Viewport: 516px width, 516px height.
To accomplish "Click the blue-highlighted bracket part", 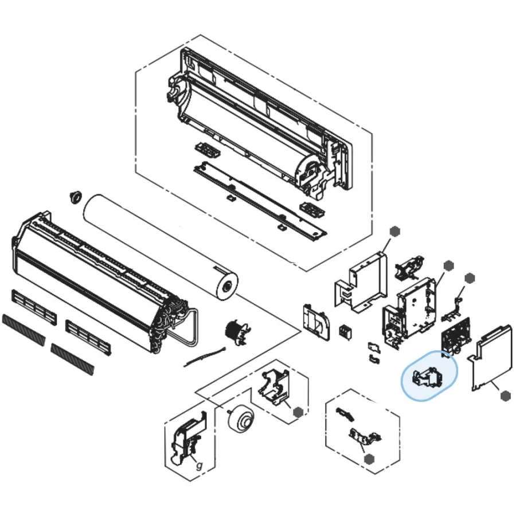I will click(x=428, y=376).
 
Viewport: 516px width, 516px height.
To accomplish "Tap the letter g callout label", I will click(x=199, y=465).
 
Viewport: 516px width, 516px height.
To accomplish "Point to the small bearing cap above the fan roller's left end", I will click(x=74, y=197).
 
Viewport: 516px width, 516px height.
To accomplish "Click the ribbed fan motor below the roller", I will click(x=237, y=331).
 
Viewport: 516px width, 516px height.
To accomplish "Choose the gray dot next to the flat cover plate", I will click(x=505, y=396).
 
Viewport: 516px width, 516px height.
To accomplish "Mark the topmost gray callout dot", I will click(x=394, y=230).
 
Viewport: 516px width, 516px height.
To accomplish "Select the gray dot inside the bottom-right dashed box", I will click(x=369, y=459).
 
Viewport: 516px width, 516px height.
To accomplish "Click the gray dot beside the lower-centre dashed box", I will click(x=298, y=412).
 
